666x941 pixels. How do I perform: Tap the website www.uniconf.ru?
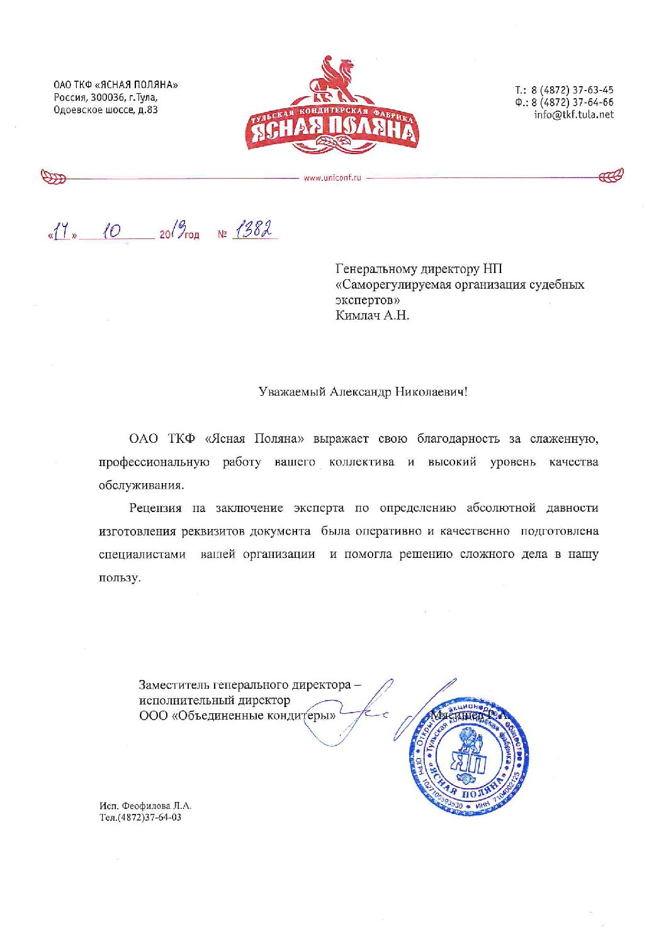[332, 178]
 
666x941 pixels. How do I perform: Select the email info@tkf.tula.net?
[573, 114]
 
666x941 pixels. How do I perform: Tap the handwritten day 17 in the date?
[61, 233]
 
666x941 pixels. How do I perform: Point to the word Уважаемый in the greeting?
[292, 392]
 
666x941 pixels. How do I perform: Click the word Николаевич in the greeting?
[432, 392]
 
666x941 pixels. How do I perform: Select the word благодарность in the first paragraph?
[458, 438]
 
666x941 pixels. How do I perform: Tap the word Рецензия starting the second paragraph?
[155, 508]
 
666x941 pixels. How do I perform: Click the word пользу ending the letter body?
[118, 577]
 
